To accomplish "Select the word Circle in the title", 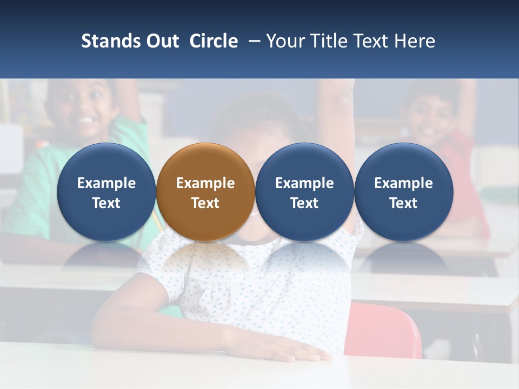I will [x=214, y=41].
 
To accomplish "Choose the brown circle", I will [x=205, y=192].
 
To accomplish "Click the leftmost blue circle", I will [x=106, y=192].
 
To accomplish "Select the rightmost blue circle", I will [x=403, y=192].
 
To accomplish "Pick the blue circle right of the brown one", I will [x=304, y=192].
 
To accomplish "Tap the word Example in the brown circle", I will [x=205, y=183].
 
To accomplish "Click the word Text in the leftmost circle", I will [x=106, y=203].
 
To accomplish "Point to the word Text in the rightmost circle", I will [x=403, y=203].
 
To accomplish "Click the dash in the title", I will [x=252, y=41].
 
